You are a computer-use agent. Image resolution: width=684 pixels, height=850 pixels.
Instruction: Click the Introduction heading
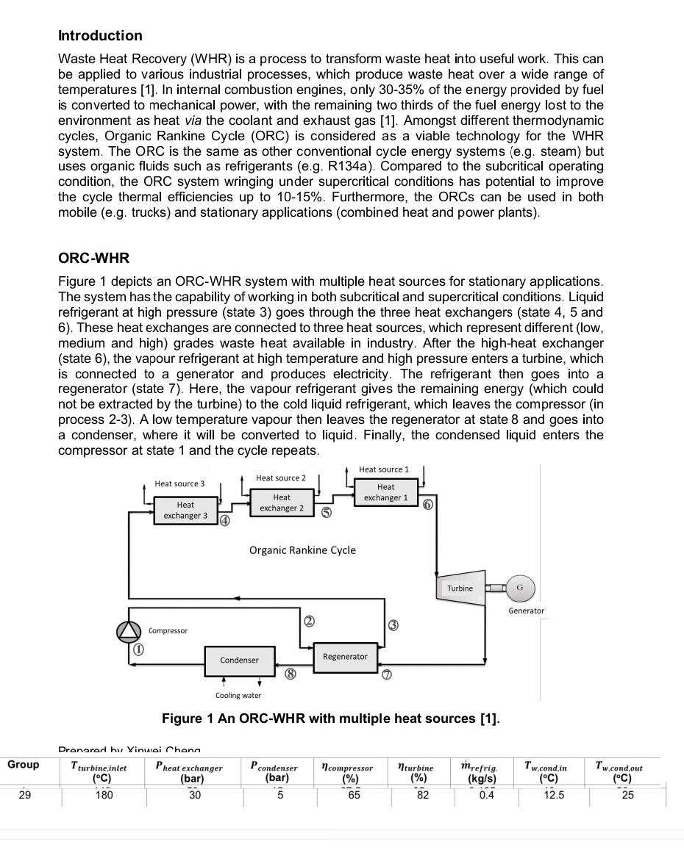pos(100,36)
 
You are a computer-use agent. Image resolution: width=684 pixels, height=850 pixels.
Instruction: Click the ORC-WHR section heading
pos(93,259)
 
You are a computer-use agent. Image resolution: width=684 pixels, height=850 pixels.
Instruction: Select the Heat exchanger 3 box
pos(185,511)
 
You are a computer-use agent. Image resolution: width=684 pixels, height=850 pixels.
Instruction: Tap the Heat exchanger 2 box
pos(282,503)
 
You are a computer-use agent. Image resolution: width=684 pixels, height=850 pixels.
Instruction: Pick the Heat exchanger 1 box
pos(385,492)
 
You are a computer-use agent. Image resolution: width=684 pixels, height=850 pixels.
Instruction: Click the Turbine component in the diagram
pos(460,588)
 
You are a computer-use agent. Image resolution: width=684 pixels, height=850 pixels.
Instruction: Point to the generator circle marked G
pos(519,588)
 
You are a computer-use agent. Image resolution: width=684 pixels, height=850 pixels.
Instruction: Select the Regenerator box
pos(345,656)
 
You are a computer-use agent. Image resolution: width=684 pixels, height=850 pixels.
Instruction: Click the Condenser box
pos(239,660)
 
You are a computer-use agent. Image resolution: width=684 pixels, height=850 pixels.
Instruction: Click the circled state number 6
pos(428,505)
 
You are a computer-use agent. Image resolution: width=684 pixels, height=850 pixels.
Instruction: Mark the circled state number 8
pos(291,674)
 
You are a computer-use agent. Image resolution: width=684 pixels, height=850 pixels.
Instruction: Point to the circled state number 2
pos(309,622)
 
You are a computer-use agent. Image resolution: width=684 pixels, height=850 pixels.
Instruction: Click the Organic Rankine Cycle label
pos(302,550)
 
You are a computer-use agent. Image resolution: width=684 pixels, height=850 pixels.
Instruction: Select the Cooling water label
pos(238,695)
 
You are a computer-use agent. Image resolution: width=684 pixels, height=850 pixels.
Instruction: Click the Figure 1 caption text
pos(330,718)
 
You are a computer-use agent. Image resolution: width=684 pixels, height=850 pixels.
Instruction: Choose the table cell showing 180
pos(104,795)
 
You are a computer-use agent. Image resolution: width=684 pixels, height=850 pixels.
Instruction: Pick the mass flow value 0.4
pos(486,795)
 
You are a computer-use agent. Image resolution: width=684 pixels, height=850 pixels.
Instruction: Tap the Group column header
pos(24,765)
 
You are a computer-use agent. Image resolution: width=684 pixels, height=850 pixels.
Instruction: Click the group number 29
pos(24,795)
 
